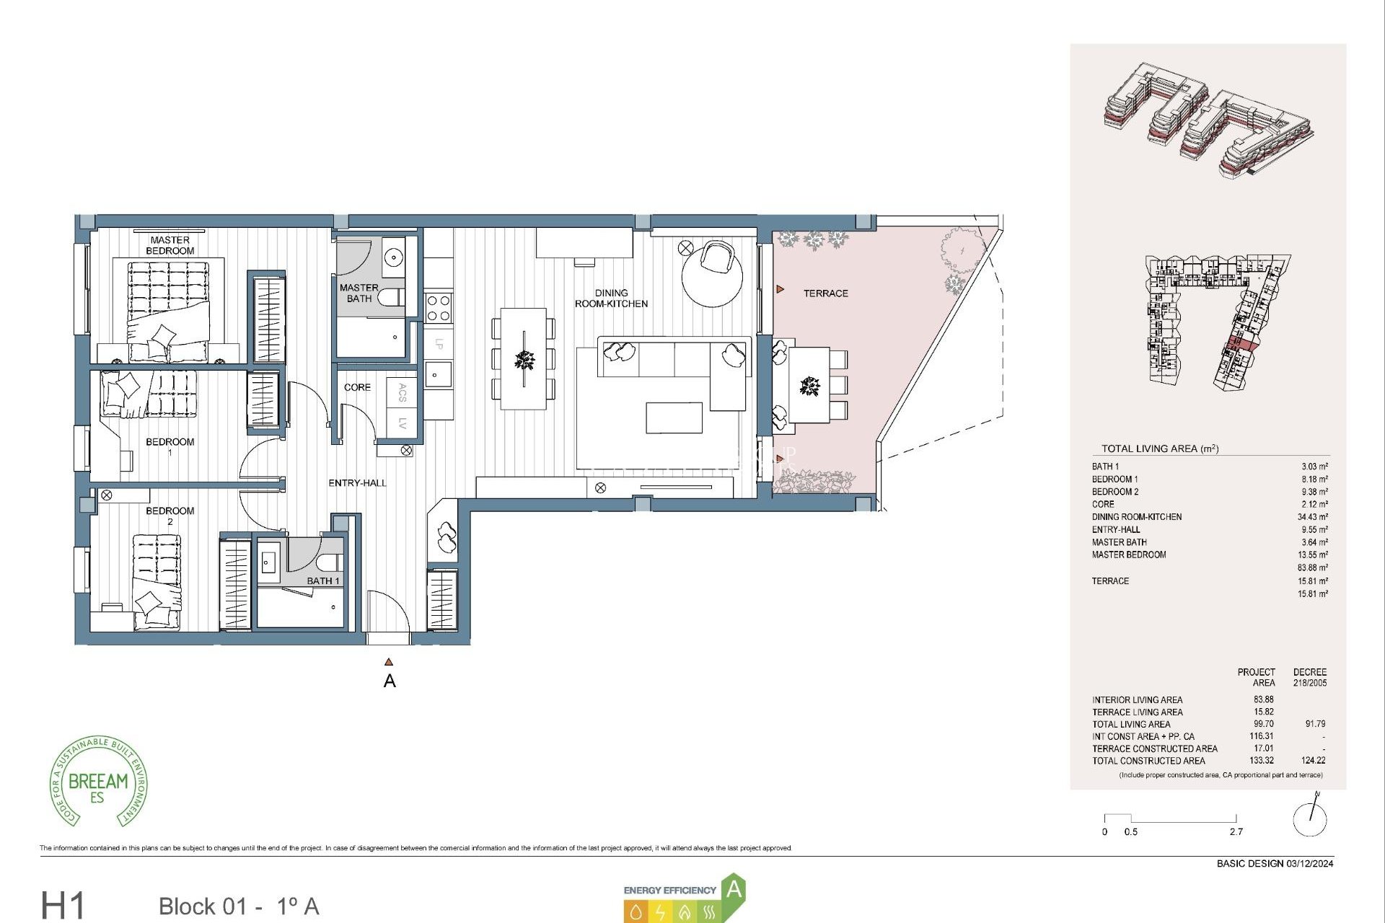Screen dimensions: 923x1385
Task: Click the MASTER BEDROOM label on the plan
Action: coord(170,245)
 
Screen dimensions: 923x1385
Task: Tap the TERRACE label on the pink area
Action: coord(825,293)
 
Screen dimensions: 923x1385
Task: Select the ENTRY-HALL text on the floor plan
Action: coord(357,483)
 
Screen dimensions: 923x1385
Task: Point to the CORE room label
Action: coord(357,387)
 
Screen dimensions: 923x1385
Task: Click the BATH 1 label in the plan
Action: coord(322,580)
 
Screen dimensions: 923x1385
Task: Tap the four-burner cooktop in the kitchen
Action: coord(439,308)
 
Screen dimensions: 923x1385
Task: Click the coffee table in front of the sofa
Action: coord(674,418)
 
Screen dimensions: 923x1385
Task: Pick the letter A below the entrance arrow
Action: coord(390,681)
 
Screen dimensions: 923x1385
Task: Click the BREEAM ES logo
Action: coord(98,782)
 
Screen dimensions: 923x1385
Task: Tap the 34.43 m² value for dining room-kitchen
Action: coord(1312,517)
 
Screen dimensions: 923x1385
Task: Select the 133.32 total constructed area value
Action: coord(1261,760)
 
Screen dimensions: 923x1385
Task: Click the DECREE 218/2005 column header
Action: coord(1309,677)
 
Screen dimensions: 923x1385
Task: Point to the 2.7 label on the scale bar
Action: coord(1236,831)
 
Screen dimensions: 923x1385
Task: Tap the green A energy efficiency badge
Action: coord(733,889)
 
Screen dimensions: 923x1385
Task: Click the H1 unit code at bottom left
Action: coord(63,905)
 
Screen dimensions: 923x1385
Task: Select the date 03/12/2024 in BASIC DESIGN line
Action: coord(1309,863)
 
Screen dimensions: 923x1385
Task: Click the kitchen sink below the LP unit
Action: coord(437,375)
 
